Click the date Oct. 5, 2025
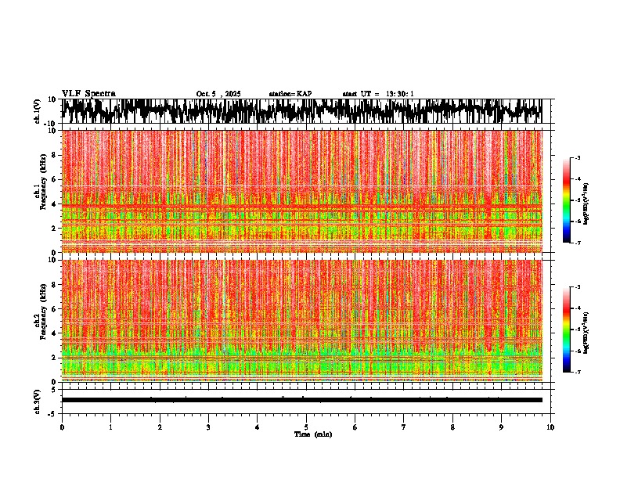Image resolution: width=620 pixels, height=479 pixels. (218, 94)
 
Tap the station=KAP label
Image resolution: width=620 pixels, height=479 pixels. (290, 94)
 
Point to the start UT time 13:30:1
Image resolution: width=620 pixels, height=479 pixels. (378, 94)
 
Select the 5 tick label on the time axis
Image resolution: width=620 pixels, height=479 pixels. (306, 427)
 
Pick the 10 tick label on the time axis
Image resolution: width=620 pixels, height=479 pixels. (550, 427)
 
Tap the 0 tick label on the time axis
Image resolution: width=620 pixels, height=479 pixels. (62, 427)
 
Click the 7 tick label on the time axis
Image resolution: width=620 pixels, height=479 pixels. (404, 427)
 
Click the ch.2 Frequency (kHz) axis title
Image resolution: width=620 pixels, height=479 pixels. (40, 320)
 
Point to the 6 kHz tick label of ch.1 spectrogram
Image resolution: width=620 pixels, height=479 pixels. (53, 179)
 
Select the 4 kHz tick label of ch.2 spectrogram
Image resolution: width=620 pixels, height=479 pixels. (53, 333)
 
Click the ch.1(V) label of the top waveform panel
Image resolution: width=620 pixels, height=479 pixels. (38, 111)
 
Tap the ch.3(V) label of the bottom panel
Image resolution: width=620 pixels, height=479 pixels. (38, 400)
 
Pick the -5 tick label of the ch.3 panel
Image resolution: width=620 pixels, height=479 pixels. (52, 412)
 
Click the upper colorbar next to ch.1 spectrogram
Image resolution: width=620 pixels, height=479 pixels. (573, 200)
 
